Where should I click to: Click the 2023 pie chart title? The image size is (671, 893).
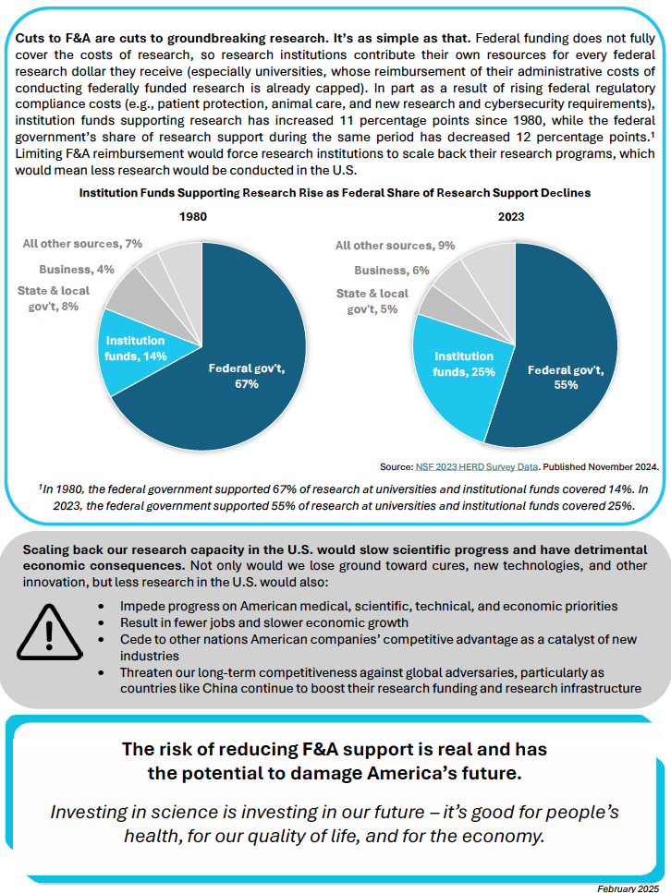(510, 216)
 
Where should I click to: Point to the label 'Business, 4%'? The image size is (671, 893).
(77, 269)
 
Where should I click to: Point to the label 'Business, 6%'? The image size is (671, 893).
(392, 270)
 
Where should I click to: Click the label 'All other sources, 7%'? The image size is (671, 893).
(82, 243)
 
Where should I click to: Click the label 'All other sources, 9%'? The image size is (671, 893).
(396, 246)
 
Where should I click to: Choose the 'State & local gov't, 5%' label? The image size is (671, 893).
(372, 301)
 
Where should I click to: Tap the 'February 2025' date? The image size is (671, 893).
(631, 887)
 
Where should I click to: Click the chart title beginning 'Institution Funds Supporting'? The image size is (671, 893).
(335, 193)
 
